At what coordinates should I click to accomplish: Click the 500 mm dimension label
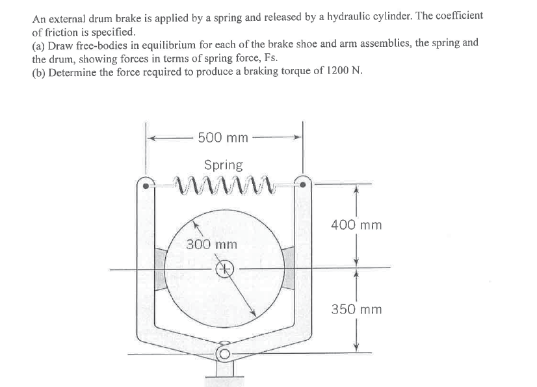[x=222, y=137]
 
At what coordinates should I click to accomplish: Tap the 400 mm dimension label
[x=356, y=226]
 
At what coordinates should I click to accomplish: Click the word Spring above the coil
[x=223, y=165]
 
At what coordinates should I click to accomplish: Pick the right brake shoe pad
[x=287, y=267]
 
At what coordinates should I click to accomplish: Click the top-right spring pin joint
[x=302, y=185]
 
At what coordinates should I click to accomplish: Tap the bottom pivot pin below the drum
[x=224, y=353]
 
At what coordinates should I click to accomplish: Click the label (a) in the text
[x=40, y=44]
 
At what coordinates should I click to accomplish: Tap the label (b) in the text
[x=40, y=71]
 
